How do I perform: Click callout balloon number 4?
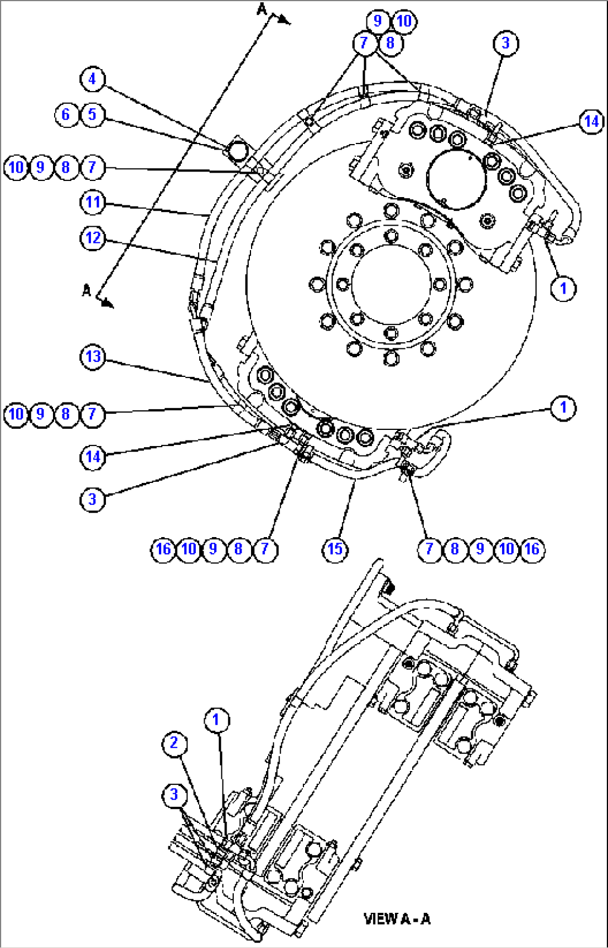tap(92, 79)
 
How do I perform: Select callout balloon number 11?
tap(93, 202)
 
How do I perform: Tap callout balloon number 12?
tap(93, 238)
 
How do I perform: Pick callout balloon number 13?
tap(93, 357)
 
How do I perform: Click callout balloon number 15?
tap(335, 549)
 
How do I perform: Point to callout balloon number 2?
tap(174, 743)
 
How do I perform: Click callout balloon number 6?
tap(66, 114)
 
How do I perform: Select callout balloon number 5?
tap(92, 114)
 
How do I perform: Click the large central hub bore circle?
tap(391, 284)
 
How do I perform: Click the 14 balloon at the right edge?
tap(591, 122)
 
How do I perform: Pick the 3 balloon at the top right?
tap(506, 43)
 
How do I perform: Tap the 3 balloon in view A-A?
tap(174, 795)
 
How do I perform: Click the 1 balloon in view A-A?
tap(216, 720)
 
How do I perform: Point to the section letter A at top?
tap(263, 9)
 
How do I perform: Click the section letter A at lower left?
tap(86, 290)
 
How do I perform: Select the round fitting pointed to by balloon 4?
tap(237, 150)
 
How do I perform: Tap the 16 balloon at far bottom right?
tap(532, 549)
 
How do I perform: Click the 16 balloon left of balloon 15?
tap(163, 549)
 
